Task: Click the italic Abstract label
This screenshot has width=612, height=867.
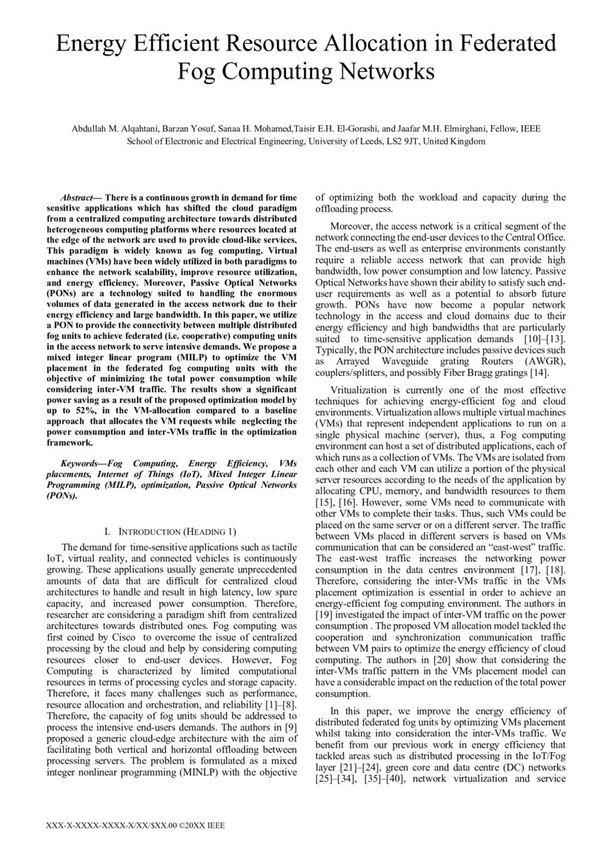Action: [78, 198]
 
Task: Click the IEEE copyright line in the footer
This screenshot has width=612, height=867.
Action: [136, 824]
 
